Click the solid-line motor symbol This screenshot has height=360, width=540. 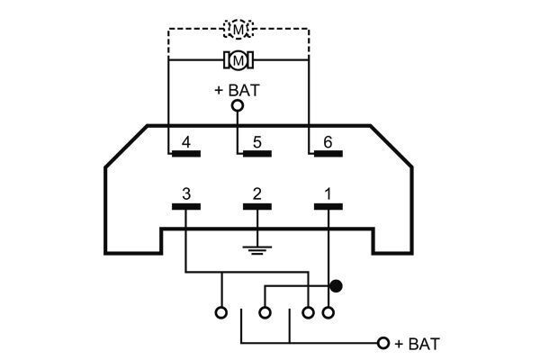[238, 60]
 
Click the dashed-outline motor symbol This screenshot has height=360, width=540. [238, 29]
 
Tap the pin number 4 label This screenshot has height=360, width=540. [186, 142]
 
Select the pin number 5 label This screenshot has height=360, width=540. [256, 142]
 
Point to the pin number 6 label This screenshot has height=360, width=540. [328, 142]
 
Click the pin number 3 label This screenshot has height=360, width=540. [186, 194]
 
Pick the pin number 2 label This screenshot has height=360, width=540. [256, 194]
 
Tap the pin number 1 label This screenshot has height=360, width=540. [328, 194]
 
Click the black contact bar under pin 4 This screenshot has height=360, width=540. [186, 154]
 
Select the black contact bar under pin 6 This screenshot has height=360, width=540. [328, 154]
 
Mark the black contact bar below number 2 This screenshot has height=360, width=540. [257, 207]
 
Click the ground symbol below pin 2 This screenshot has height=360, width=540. [257, 250]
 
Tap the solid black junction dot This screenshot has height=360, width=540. [336, 286]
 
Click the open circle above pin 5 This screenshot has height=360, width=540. [238, 105]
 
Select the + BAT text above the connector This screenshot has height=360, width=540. [237, 90]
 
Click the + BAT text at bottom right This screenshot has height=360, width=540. [418, 344]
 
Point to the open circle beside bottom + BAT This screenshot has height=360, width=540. [383, 343]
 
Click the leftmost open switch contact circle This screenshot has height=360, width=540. [221, 313]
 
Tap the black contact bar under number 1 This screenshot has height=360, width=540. [328, 207]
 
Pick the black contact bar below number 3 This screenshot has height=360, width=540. [186, 207]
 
